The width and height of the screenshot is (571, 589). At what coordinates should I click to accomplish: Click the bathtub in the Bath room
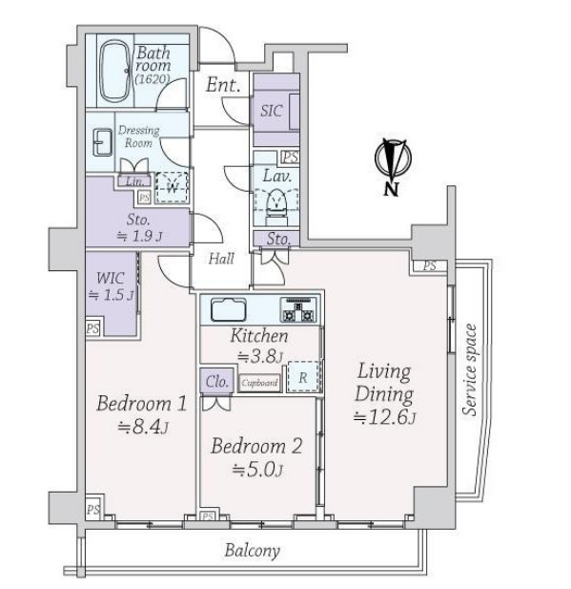[115, 73]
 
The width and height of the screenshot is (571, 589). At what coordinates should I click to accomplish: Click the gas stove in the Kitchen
[298, 310]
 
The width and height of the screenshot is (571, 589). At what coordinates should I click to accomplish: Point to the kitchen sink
[228, 310]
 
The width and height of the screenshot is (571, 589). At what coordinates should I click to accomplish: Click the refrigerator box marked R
[303, 377]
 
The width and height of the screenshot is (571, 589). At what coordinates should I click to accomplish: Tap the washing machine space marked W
[172, 187]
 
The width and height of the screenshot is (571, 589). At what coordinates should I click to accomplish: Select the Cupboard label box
[259, 383]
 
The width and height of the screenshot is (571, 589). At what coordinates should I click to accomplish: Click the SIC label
[272, 111]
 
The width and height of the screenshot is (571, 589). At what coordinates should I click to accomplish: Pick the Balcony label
[252, 551]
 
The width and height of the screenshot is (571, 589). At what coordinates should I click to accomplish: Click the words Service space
[469, 370]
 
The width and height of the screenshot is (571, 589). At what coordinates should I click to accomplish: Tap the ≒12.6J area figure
[384, 418]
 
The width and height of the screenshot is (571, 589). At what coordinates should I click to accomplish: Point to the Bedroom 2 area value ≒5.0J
[257, 470]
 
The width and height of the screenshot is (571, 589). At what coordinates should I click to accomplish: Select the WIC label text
[111, 279]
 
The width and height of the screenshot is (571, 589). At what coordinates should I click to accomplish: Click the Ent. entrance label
[223, 85]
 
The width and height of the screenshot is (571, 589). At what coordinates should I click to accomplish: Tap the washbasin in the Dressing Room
[102, 142]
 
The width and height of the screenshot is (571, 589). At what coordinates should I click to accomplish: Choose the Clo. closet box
[216, 381]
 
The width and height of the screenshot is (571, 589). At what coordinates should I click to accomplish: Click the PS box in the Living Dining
[430, 266]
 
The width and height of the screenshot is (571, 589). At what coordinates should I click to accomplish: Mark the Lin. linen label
[135, 181]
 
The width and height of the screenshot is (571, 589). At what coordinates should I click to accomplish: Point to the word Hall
[221, 259]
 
